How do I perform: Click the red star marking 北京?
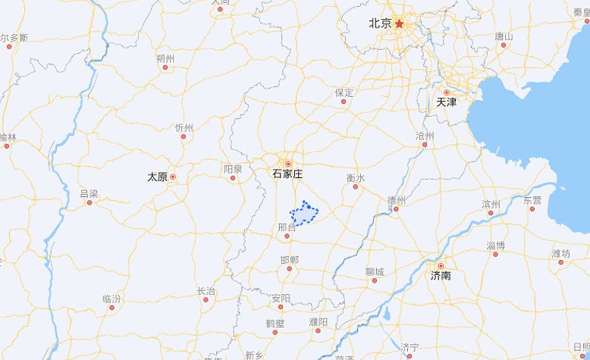click(400, 23)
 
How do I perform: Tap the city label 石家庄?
click(287, 174)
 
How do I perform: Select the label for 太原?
click(157, 177)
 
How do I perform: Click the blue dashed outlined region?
click(306, 214)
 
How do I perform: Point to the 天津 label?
click(446, 102)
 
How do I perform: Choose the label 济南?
click(441, 276)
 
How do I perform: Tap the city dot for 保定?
click(343, 101)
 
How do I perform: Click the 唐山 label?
click(504, 36)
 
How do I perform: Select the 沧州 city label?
click(425, 136)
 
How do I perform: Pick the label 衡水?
click(356, 178)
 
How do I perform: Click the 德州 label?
click(396, 200)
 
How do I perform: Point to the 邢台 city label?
click(287, 227)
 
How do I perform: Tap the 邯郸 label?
click(289, 260)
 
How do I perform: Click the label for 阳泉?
click(233, 169)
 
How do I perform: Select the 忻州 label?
click(184, 127)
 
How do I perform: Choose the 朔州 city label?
click(165, 58)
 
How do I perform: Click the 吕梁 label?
click(89, 194)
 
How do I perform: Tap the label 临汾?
click(111, 299)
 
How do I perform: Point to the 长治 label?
click(206, 291)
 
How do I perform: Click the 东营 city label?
click(532, 200)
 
